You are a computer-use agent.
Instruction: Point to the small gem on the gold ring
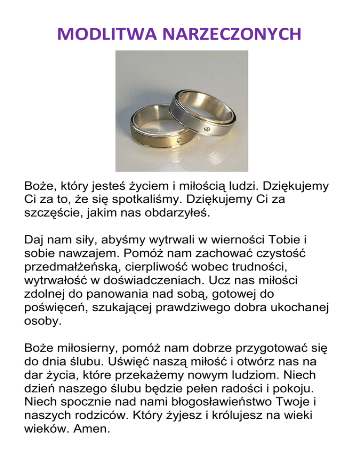[180, 139]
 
